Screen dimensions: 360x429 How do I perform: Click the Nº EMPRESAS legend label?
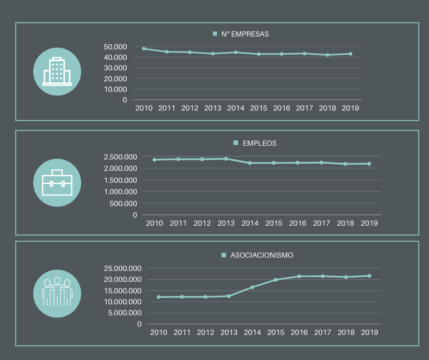pos(245,34)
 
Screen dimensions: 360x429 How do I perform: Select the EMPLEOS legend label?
pos(259,143)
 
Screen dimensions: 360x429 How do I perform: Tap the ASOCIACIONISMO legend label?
pos(262,255)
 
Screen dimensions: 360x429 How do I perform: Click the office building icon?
pos(57,72)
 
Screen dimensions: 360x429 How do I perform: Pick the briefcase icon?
pos(57,183)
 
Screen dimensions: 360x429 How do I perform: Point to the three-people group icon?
pos(57,293)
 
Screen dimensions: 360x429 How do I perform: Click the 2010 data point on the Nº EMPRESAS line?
pos(144,48)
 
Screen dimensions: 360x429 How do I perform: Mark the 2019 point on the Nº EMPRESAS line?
pos(351,53)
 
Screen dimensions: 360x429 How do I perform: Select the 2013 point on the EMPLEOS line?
pos(226,159)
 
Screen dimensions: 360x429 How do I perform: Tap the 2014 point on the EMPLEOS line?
pos(250,163)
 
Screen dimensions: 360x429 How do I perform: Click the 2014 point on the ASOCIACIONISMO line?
pos(252,287)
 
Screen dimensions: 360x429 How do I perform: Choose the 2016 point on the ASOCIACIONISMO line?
pos(299,276)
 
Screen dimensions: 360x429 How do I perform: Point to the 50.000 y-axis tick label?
pos(115,47)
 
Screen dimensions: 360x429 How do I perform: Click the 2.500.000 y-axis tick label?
pos(120,157)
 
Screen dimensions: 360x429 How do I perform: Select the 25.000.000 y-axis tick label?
pos(122,268)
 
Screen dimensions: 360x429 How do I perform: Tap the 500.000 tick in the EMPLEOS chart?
pos(123,203)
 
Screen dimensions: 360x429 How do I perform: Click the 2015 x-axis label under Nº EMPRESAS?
pos(259,108)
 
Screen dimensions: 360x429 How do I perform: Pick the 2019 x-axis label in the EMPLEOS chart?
pos(369,223)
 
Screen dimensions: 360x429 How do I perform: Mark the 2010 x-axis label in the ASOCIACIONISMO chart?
pos(159,333)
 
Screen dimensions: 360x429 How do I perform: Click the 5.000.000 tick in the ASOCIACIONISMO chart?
pos(125,313)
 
